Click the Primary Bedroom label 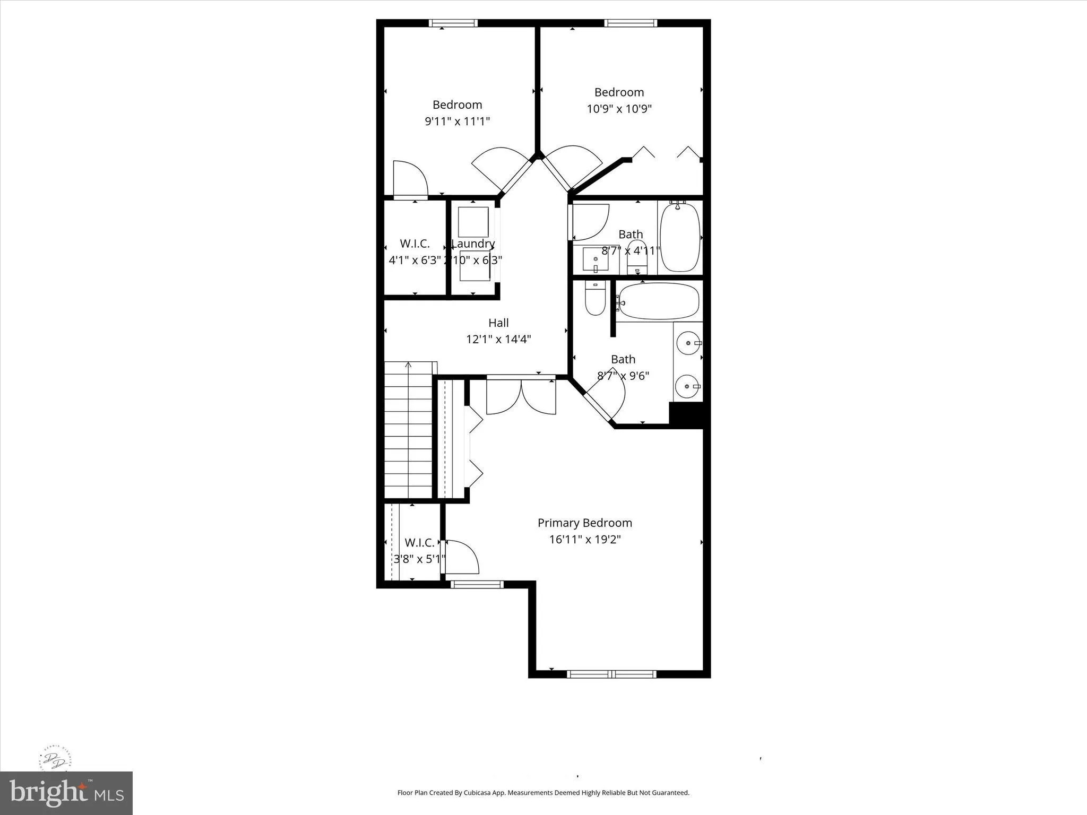tap(584, 523)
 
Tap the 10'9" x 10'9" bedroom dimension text tap(619, 109)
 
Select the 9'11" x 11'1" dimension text tap(457, 121)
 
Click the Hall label tap(498, 323)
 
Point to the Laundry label tap(473, 244)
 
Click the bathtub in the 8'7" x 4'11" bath tap(680, 237)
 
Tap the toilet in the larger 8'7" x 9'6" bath tap(595, 299)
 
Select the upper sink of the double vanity tap(688, 343)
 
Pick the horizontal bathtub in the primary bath tap(659, 301)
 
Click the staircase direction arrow tap(408, 365)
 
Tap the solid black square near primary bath tap(686, 414)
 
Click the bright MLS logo tap(66, 793)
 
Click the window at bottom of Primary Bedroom tap(612, 674)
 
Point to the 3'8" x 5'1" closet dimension tap(419, 559)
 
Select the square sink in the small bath tap(596, 259)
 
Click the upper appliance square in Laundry tap(473, 222)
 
